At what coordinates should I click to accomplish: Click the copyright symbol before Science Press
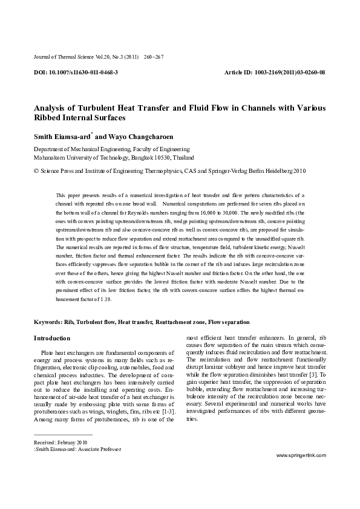pyautogui.click(x=36, y=171)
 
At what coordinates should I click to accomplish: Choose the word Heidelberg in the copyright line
pyautogui.click(x=277, y=171)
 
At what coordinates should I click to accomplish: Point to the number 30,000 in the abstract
pyautogui.click(x=229, y=213)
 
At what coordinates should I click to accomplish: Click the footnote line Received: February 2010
pyautogui.click(x=61, y=442)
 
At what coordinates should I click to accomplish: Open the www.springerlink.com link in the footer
pyautogui.click(x=301, y=472)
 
